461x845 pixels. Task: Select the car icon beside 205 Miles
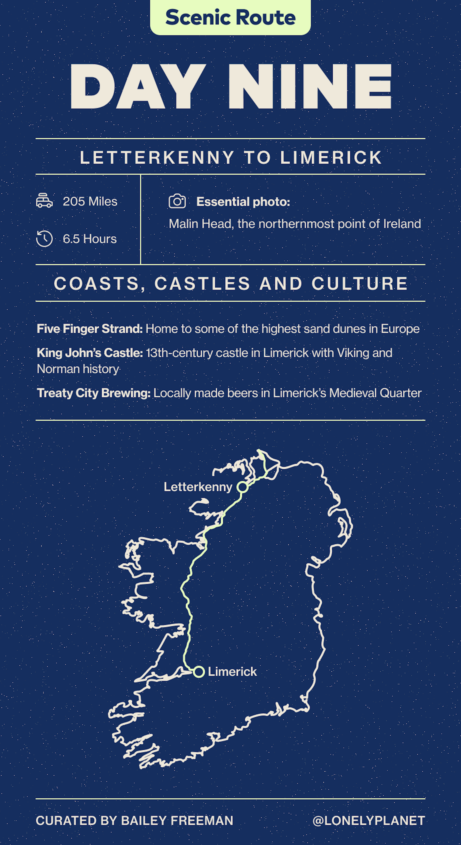(x=44, y=201)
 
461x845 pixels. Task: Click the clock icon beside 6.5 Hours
(x=44, y=238)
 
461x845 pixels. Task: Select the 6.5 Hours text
(x=90, y=239)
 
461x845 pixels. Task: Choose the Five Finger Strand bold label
(x=90, y=329)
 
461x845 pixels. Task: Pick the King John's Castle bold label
(x=90, y=353)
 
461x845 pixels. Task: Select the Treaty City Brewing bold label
(x=94, y=393)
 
